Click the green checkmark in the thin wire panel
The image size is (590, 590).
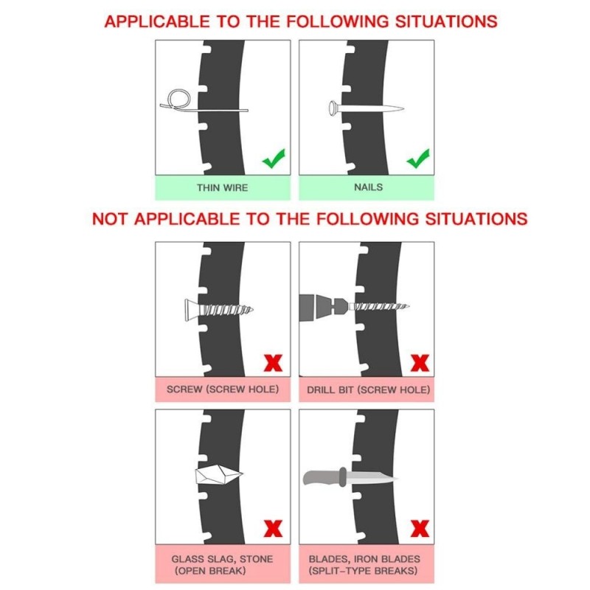coord(274,159)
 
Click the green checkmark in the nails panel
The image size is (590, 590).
coord(417,159)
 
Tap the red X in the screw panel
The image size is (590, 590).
coord(273,363)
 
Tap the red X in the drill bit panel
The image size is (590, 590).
coord(420,363)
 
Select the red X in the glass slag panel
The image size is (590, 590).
coord(273,528)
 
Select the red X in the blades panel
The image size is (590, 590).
coord(420,528)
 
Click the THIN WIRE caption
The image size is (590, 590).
coord(223,188)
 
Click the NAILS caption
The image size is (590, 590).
coord(368,187)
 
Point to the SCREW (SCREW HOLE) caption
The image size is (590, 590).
coord(223,389)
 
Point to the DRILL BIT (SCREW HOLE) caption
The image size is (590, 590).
coord(368,390)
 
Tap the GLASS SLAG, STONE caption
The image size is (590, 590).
coord(222,559)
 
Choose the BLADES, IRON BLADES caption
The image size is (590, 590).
coord(364,559)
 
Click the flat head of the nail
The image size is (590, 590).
coord(333,108)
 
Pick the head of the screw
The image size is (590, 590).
coord(191,310)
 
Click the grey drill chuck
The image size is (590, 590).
coord(324,307)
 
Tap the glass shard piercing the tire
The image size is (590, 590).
coord(218,475)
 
